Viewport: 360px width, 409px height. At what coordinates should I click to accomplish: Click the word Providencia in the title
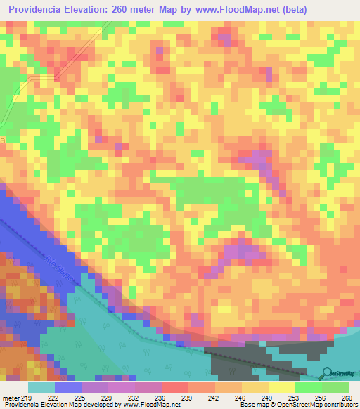point(41,10)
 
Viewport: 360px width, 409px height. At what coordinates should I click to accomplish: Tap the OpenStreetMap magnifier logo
point(327,374)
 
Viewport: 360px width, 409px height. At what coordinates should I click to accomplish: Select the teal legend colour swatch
point(41,387)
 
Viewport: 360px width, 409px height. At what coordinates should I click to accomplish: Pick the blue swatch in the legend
point(68,387)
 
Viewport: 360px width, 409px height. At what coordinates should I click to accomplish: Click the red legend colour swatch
point(175,387)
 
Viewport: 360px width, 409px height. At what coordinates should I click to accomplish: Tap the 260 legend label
point(345,397)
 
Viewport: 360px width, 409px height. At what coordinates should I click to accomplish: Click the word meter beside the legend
point(9,397)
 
